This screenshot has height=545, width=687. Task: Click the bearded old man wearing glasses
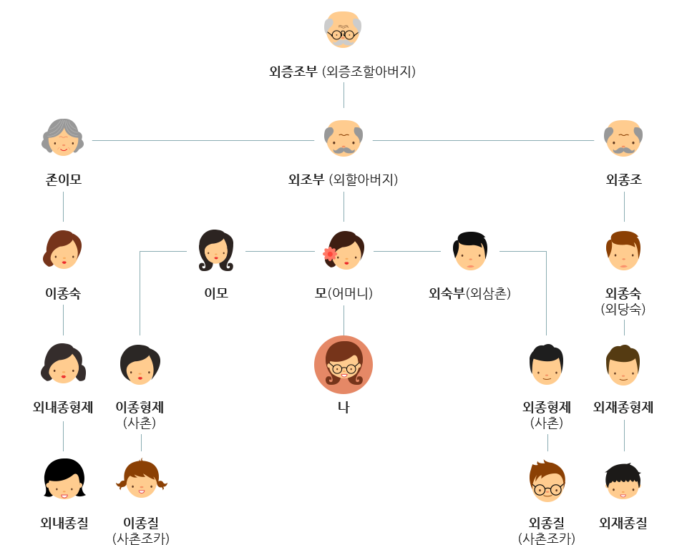pos(343,29)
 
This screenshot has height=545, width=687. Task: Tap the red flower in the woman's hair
pos(330,253)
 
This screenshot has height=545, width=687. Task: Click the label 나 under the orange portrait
pos(343,408)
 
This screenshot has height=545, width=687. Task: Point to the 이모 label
pos(215,293)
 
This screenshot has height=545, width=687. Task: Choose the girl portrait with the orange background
pos(343,364)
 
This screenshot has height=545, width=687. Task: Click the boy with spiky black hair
pos(623,481)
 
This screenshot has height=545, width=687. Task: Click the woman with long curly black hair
pos(215,250)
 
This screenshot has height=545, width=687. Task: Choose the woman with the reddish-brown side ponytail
pos(63,250)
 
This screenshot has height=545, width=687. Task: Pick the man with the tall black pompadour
pos(546,364)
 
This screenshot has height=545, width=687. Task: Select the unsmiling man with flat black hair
pos(469,250)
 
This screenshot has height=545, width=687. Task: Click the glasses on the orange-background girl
pos(343,368)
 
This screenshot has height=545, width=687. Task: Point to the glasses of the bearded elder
pos(343,34)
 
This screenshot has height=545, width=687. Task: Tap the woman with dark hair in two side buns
pos(63,364)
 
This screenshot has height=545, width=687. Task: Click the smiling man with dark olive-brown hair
pos(623,364)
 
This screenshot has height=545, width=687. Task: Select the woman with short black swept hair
pos(139,364)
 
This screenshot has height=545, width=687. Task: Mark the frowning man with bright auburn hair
pos(623,250)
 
